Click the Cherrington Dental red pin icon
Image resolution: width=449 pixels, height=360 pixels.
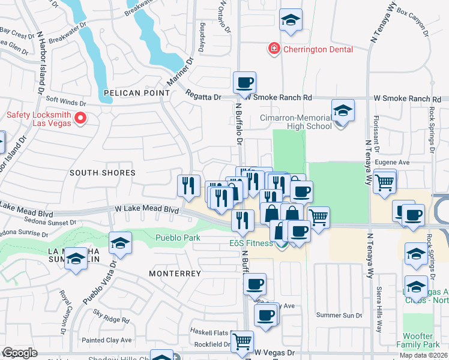(x=274, y=49)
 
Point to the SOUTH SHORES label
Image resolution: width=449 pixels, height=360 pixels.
(x=102, y=173)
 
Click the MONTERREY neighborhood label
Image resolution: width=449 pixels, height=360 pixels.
(x=175, y=273)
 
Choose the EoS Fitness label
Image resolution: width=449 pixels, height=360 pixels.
(x=251, y=243)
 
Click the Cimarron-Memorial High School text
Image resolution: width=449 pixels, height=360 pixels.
(x=295, y=122)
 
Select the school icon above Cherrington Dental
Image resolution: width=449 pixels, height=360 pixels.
(x=291, y=20)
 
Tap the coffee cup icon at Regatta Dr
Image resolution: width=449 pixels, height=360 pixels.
(x=244, y=82)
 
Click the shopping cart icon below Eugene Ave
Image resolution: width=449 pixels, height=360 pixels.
(x=384, y=180)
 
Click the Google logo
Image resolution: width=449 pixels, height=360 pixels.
(x=20, y=353)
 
